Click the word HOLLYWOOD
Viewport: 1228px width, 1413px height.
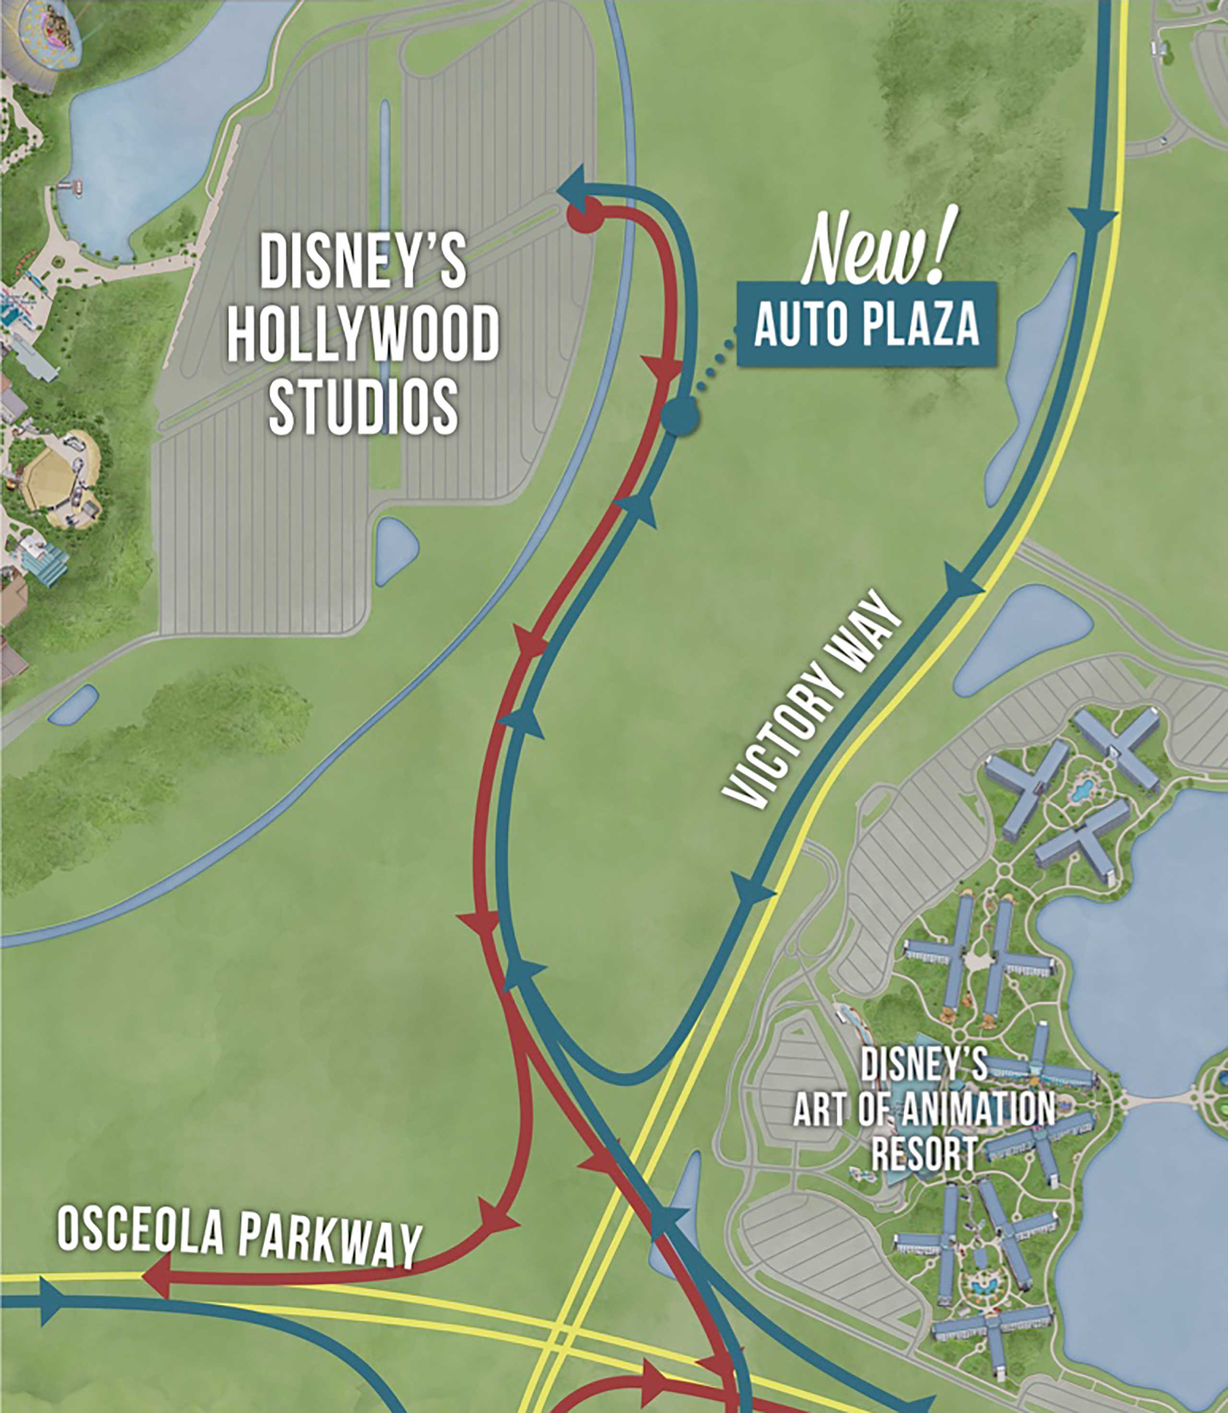[363, 335]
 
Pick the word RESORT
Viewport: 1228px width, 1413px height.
[924, 1155]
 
